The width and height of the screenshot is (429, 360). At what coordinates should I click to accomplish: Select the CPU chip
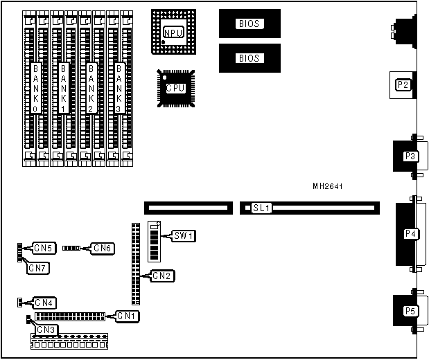coord(176,88)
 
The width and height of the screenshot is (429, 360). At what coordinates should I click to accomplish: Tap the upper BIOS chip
coord(249,24)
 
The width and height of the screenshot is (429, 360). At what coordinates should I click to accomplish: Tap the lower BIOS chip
coord(249,58)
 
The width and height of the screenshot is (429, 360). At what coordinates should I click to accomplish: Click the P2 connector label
coord(403,85)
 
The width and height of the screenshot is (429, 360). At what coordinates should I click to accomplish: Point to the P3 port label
coord(409,156)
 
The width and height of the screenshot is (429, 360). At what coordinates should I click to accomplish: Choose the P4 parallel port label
coord(410,233)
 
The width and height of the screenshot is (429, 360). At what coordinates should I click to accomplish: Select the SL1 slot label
coord(261,208)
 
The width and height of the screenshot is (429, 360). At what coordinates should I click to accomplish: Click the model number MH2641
coord(328,186)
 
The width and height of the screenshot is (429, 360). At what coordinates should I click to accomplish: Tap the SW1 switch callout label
coord(184,236)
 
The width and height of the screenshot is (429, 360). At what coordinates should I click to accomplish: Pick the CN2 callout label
coord(164,276)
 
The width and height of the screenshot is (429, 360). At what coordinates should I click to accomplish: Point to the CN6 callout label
coord(103,248)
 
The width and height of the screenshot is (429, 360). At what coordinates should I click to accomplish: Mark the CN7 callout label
coord(38,269)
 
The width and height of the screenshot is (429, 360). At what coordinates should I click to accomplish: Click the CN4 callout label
coord(45,303)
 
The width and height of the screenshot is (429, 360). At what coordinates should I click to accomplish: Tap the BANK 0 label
coord(36,89)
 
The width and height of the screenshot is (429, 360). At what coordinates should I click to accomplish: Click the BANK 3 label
coord(119,89)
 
